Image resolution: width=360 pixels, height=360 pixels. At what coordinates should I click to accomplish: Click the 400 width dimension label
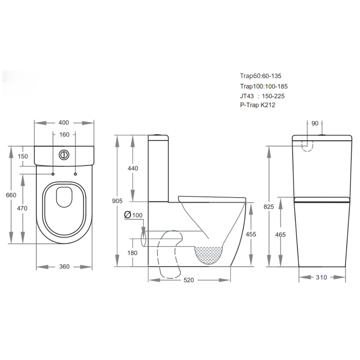coord(64,123)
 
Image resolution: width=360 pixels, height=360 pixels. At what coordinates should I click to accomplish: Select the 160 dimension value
coord(64,135)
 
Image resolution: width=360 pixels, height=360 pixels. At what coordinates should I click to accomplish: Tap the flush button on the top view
coord(64,155)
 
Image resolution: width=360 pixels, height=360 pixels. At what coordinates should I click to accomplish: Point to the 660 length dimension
coord(11,195)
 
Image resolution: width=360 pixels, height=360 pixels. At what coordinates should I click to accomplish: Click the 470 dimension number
coord(22,208)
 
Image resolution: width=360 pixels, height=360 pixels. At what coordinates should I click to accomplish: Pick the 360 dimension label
coord(64,267)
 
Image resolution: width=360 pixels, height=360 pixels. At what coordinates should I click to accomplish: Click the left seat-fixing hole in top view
coord(53,174)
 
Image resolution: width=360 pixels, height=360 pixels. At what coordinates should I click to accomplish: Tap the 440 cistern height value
coord(133,168)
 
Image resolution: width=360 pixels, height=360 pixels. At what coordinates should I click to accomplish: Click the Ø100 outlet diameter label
coord(133,215)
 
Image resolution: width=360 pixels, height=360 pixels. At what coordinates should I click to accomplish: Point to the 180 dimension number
coord(132,253)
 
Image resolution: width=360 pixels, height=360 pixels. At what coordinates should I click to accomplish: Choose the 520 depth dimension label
coord(189,280)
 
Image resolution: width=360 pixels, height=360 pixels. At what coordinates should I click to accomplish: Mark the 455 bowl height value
coord(251,234)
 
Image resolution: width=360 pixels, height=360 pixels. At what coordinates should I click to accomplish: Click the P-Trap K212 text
coord(258,105)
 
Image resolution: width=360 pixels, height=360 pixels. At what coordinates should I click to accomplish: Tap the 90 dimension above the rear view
coord(315,123)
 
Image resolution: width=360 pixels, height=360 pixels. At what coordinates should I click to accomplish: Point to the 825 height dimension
coord(268,207)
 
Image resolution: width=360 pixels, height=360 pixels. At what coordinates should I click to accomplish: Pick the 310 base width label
coord(321,277)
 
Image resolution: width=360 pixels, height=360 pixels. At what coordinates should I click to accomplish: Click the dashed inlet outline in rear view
coord(307,146)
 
